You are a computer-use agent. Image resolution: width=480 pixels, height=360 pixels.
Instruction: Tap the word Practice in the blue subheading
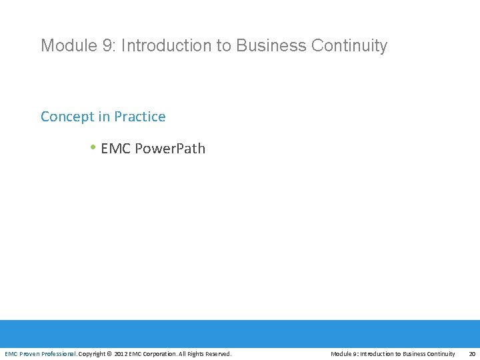pos(140,117)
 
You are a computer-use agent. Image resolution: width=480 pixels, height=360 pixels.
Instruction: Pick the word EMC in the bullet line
pos(115,149)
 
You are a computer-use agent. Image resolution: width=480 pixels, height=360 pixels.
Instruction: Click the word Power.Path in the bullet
pos(170,149)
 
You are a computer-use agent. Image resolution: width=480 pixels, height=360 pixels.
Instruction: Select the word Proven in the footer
pos(30,354)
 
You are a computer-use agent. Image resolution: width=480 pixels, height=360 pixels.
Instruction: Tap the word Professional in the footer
pos(59,354)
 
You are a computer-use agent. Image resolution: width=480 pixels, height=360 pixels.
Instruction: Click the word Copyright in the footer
pos(92,354)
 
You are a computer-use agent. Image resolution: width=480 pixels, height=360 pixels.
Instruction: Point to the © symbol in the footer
pos(110,354)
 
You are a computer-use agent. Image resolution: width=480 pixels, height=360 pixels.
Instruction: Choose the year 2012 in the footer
pos(121,354)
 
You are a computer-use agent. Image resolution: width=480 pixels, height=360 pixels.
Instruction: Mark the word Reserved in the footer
pos(217,354)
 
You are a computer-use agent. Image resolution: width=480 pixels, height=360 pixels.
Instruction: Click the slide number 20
pos(472,354)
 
